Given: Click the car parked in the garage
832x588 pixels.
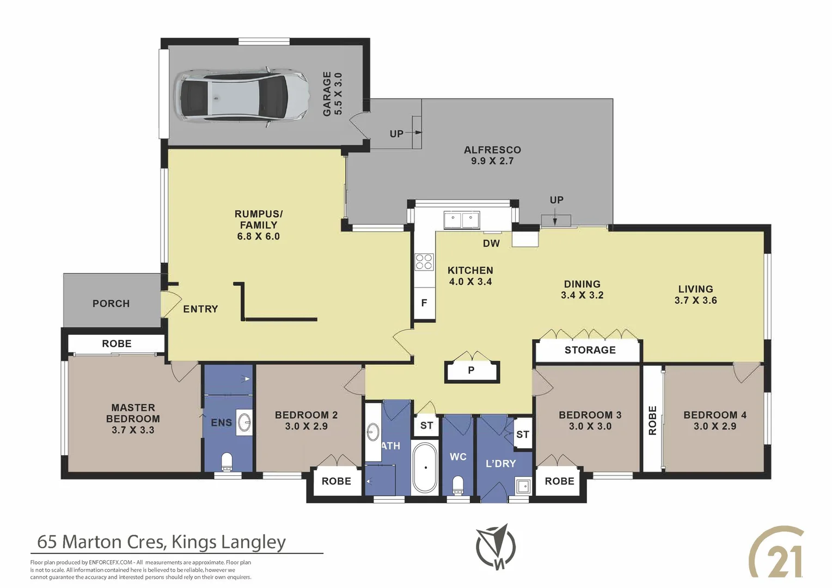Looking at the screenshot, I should coord(240,95).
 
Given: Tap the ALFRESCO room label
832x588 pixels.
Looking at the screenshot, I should coord(492,150).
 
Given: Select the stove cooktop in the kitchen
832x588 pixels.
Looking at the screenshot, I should coord(424,262).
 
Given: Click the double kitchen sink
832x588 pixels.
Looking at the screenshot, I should coord(461,220).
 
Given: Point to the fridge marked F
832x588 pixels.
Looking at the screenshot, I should coord(424,303).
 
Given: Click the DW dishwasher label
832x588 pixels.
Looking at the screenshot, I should coord(491,243).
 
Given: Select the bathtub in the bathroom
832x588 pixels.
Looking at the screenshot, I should coord(425,468).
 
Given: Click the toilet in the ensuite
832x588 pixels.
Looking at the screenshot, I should coord(227,462).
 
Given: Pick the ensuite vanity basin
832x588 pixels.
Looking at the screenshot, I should coord(244,422).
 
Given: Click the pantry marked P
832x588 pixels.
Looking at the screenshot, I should coord(472,371).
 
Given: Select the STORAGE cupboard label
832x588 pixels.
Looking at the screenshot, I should coord(590,350).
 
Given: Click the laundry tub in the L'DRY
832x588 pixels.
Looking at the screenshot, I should coord(523,486).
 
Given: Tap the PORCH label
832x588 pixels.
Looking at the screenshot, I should coord(111,303).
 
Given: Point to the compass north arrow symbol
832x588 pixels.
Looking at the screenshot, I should coord(496,547).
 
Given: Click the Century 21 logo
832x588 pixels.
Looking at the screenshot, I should coord(777,553).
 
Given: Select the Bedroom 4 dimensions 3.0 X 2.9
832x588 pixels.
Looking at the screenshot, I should coord(714,426).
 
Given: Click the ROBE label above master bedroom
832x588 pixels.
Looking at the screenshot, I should coord(117,344).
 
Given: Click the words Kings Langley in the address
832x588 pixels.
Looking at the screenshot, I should coord(228,542).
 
